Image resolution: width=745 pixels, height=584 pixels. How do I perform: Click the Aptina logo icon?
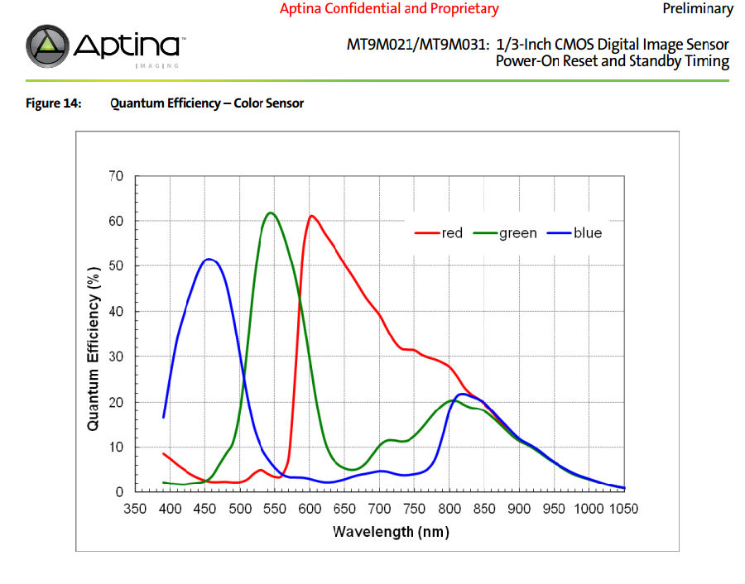[x=49, y=46]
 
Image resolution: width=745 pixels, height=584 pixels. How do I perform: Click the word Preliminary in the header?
[x=698, y=9]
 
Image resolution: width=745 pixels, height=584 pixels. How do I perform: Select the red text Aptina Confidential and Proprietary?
[x=389, y=9]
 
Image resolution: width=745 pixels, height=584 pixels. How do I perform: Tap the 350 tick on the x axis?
[x=135, y=509]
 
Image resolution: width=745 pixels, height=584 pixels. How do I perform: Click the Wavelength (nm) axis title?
[x=379, y=531]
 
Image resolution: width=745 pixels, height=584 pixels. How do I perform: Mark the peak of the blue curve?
[x=209, y=260]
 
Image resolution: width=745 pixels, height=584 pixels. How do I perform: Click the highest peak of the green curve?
[x=271, y=213]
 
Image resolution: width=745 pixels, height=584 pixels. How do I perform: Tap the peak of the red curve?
[x=311, y=216]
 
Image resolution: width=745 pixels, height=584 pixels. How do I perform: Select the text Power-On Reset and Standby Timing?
[x=612, y=61]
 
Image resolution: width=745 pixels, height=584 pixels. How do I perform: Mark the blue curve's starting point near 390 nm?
[x=164, y=417]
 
